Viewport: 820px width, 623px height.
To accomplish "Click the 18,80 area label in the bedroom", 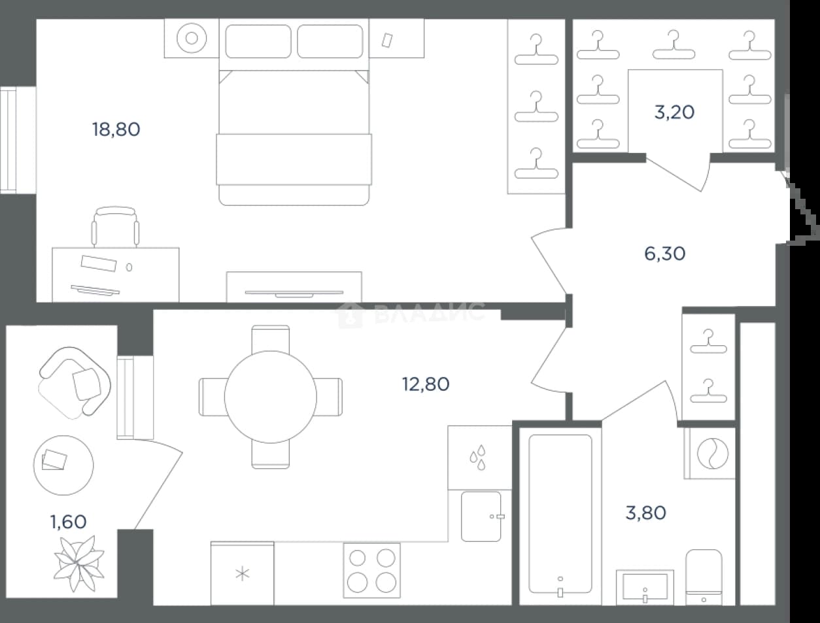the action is pos(116,129).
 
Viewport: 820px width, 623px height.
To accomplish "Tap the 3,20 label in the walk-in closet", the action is pos(674,112).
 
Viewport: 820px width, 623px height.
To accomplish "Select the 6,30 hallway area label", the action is pos(664,254).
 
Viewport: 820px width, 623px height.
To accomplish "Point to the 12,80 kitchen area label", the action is pos(426,384).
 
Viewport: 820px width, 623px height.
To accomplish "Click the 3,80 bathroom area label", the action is pos(645,513).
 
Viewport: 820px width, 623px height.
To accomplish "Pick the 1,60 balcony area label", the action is pos(69,522).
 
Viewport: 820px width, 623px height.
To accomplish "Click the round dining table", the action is pos(271,397).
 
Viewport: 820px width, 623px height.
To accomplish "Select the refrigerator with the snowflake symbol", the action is pos(242,573).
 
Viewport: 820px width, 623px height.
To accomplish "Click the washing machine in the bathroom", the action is pos(709,454).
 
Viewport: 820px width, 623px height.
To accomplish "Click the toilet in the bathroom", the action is pos(704,577).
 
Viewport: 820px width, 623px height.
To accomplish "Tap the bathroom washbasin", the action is pos(645,588).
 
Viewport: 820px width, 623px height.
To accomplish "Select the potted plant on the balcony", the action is pos(79,564).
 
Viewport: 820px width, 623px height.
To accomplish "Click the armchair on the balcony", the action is pos(75,382).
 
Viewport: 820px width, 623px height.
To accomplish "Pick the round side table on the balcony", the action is pos(63,465).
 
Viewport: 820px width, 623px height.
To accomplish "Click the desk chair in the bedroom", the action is pos(116,227).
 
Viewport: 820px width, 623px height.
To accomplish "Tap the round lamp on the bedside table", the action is pos(192,39).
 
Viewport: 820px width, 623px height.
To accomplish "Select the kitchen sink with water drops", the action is pos(480,458).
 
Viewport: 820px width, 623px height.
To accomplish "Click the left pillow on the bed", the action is pos(258,41).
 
